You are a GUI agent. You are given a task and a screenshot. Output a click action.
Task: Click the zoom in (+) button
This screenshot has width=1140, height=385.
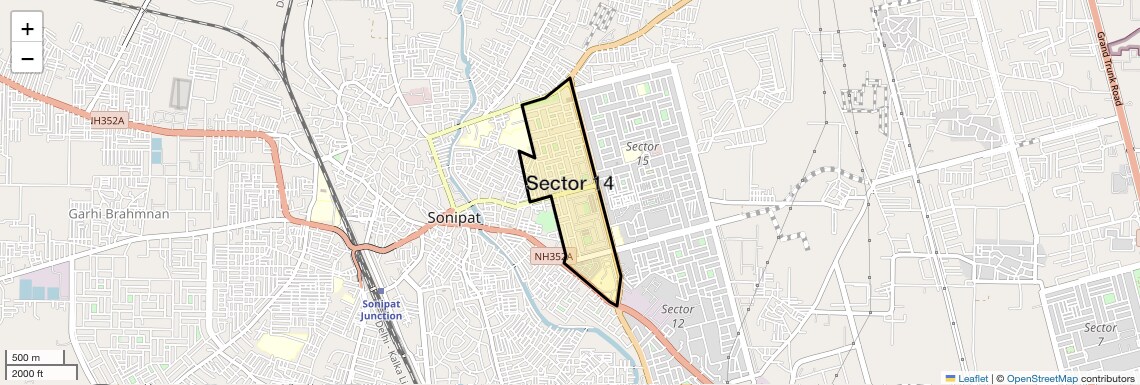[x=27, y=29]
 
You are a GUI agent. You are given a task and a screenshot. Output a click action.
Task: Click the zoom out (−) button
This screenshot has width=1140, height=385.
[x=27, y=59]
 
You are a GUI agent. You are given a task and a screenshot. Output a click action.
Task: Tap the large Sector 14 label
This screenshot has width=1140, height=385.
[x=569, y=184]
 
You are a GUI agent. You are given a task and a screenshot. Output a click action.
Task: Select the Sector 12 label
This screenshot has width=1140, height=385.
[x=677, y=316]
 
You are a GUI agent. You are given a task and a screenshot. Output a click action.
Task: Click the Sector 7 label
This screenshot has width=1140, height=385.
[x=1100, y=335]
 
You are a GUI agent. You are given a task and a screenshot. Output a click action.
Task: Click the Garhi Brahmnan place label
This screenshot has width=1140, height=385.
[x=119, y=214]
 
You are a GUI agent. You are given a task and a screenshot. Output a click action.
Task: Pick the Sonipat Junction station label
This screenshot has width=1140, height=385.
[x=381, y=309]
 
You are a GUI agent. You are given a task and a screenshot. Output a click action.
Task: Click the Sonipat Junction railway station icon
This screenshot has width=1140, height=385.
[x=380, y=291]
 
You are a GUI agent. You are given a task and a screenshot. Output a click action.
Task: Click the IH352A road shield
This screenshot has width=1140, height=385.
[x=107, y=121]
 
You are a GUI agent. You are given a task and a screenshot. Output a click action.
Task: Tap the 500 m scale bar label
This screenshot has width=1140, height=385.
[x=26, y=358]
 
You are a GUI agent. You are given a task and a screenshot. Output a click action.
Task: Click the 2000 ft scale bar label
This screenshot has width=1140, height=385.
[x=27, y=374]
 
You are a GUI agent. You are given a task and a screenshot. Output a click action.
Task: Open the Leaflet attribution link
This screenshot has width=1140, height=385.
[x=973, y=378]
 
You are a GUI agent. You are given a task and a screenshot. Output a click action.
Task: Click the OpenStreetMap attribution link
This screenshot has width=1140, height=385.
[x=1041, y=378]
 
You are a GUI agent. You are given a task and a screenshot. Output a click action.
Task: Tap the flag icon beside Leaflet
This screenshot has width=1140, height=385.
[x=950, y=378]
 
